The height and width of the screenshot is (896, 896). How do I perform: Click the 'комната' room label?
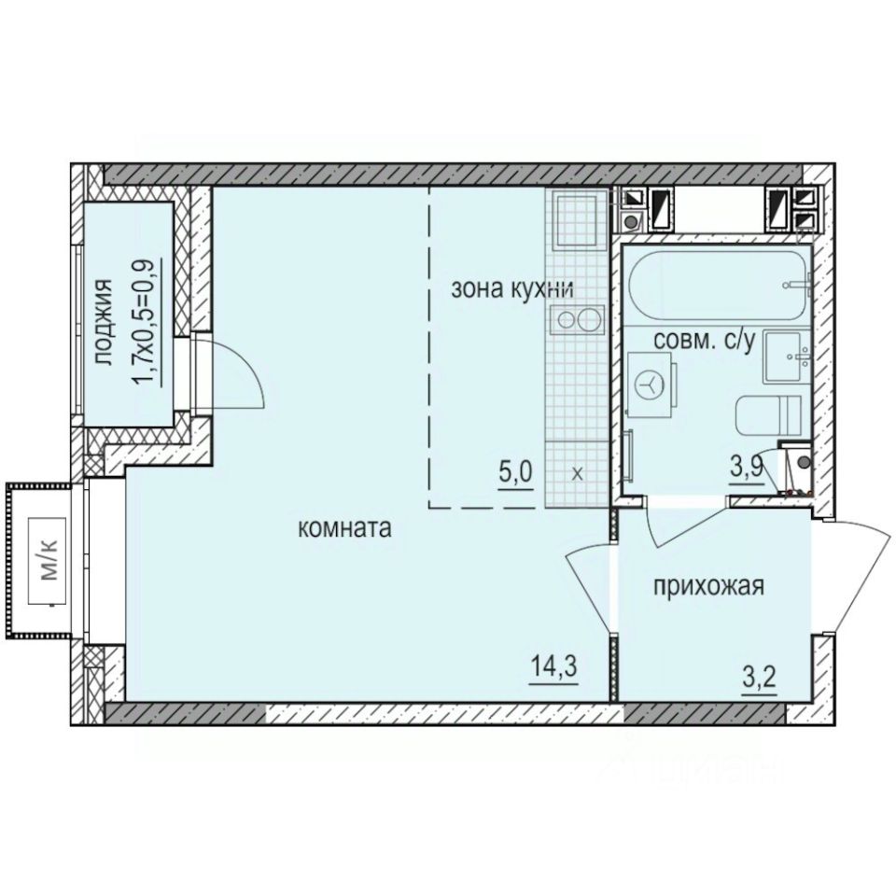pyautogui.click(x=343, y=528)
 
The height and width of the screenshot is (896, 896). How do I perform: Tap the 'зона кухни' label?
pyautogui.click(x=511, y=288)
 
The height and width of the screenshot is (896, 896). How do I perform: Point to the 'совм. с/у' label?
pyautogui.click(x=704, y=342)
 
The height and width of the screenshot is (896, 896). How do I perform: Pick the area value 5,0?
pyautogui.click(x=515, y=469)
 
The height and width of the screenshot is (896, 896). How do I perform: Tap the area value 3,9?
pyautogui.click(x=747, y=469)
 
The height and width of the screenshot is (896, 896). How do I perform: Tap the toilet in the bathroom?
pyautogui.click(x=768, y=415)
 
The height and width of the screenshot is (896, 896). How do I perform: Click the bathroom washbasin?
pyautogui.click(x=787, y=357)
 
